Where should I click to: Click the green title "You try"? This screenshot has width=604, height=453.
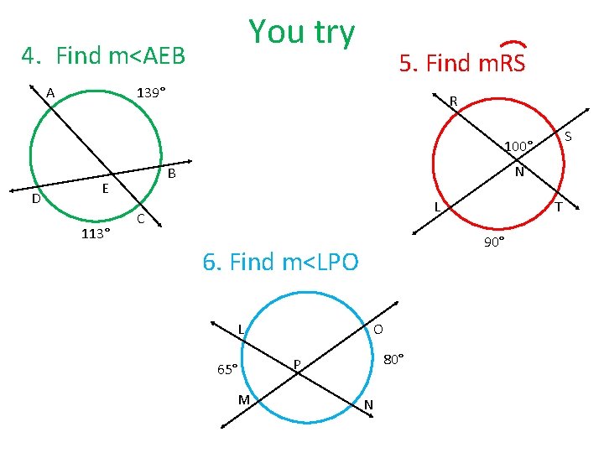302,32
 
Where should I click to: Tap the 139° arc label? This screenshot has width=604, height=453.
151,92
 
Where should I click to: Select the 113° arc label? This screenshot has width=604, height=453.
96,234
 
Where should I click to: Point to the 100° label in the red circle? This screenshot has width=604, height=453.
518,147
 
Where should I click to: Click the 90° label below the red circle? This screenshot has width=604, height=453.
494,242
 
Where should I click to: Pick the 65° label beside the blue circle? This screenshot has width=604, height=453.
227,368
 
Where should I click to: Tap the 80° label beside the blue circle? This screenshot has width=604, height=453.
393,359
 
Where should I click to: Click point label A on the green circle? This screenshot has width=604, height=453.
50,93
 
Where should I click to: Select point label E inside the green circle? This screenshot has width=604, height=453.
106,189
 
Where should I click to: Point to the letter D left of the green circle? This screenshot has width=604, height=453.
36,199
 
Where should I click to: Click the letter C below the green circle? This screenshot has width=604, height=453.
141,219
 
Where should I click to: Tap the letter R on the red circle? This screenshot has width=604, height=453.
453,102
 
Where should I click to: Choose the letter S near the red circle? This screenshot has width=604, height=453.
568,137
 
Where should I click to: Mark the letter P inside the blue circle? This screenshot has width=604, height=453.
297,363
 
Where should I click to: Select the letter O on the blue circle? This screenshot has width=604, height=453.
379,328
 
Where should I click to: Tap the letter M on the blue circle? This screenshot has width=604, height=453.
243,399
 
